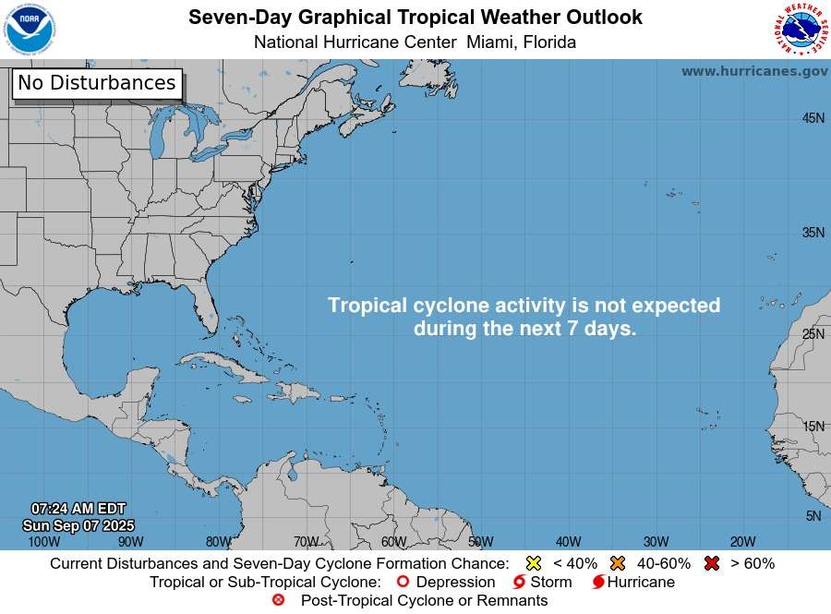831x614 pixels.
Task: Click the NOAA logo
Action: [30, 29]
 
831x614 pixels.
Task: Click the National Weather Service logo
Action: [799, 29]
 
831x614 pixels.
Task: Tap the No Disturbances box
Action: [97, 83]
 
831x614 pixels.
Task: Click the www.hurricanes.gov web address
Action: [754, 71]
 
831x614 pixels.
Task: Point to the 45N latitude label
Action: [813, 118]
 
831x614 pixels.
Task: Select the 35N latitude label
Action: [813, 233]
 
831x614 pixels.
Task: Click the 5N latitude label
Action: [813, 516]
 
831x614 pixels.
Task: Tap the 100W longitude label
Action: [44, 542]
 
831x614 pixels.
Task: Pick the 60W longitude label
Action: [393, 542]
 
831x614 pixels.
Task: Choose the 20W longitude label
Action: [743, 542]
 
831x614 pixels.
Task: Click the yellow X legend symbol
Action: [533, 563]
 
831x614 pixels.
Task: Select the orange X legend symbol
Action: [618, 563]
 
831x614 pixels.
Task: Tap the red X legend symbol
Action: [712, 563]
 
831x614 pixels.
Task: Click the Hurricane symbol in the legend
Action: [598, 583]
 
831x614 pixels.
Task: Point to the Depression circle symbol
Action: [402, 583]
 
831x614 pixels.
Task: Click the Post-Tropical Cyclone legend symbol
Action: [279, 601]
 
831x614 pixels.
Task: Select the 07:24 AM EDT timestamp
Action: [78, 509]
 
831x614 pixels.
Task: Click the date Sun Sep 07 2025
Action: [78, 525]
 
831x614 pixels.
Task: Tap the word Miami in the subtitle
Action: [492, 42]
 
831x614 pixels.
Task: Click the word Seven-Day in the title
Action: [232, 18]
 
